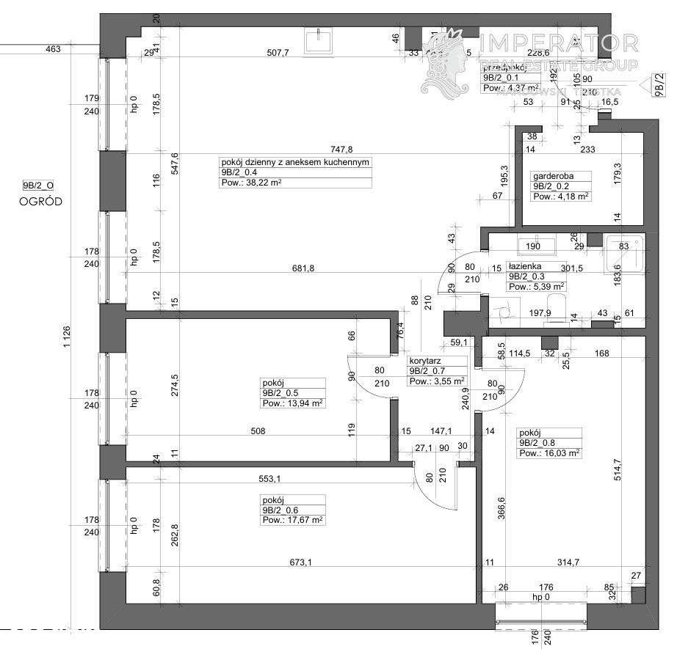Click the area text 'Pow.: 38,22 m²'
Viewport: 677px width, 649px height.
click(x=251, y=183)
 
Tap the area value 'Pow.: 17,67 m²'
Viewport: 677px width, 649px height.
click(x=292, y=520)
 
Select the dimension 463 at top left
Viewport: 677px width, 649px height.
click(x=52, y=49)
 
